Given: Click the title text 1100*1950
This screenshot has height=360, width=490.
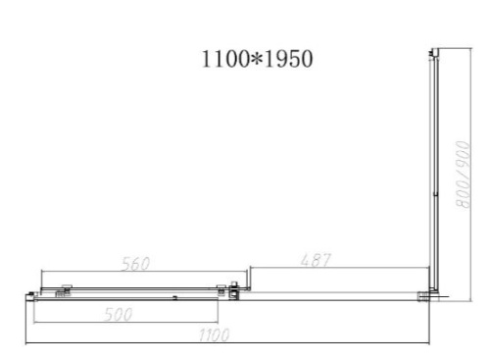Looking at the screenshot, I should coord(257,59).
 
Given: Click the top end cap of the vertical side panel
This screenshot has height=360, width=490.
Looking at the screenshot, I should coord(432,51).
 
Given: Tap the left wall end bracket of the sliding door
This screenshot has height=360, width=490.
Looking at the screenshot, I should coord(36,291).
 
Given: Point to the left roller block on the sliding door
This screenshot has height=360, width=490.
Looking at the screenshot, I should coord(66,289).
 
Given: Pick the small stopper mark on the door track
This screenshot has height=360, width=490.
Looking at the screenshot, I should coord(174,293).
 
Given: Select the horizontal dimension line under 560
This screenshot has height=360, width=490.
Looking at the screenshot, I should coord(137,272).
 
